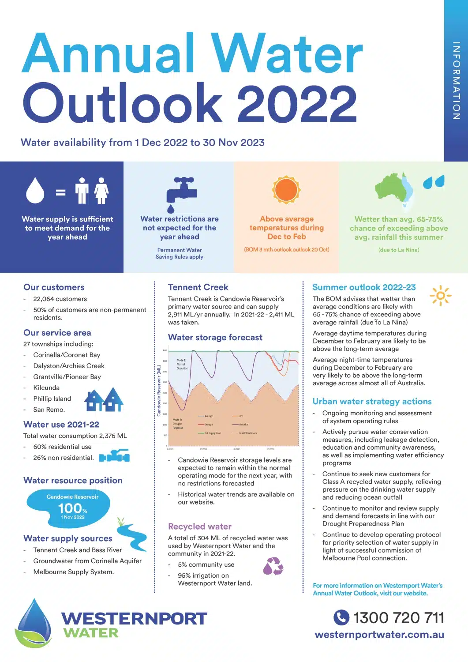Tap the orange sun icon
pyautogui.click(x=286, y=190)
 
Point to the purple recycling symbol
pyautogui.click(x=273, y=566)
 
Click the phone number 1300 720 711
pyautogui.click(x=398, y=617)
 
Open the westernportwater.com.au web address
pyautogui.click(x=379, y=635)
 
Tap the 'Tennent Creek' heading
pyautogui.click(x=198, y=287)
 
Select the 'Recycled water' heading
pyautogui.click(x=200, y=527)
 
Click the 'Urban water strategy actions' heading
pyautogui.click(x=372, y=402)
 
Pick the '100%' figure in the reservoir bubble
pyautogui.click(x=72, y=508)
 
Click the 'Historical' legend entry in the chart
pyautogui.click(x=243, y=425)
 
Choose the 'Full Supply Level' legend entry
pyautogui.click(x=212, y=433)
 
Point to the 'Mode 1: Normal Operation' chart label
pyautogui.click(x=182, y=364)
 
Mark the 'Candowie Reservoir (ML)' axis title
pyautogui.click(x=159, y=390)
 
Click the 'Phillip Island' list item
pyautogui.click(x=52, y=399)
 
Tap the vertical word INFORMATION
pyautogui.click(x=457, y=81)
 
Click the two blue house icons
pyautogui.click(x=104, y=399)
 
